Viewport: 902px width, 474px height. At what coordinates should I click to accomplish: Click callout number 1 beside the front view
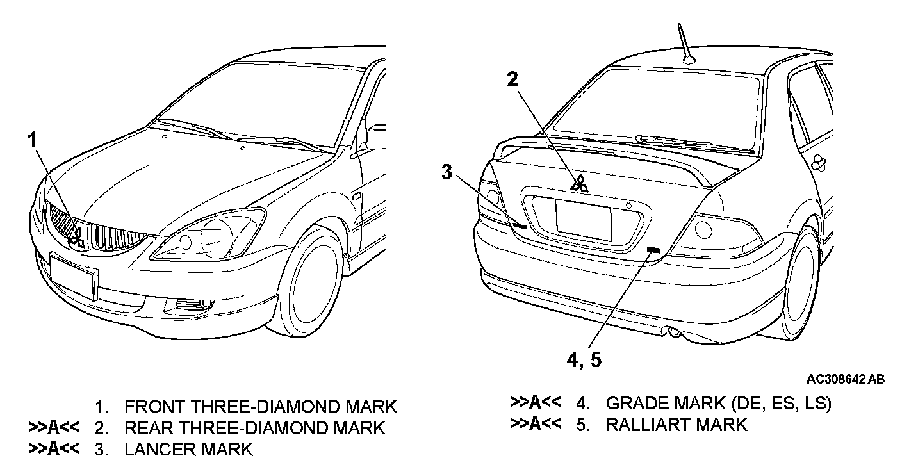(33, 140)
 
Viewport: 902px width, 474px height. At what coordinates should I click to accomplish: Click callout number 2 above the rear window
(512, 79)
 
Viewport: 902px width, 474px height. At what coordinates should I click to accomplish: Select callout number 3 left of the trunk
(447, 171)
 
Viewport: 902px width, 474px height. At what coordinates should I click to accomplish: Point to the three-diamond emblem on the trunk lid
(579, 184)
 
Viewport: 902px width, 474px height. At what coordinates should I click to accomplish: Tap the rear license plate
(584, 220)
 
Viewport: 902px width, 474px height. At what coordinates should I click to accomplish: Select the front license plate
(72, 275)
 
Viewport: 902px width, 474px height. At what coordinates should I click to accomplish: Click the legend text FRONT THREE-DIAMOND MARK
(261, 406)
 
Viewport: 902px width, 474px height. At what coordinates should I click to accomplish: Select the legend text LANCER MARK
(188, 449)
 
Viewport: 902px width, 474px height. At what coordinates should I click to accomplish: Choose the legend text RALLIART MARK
(676, 424)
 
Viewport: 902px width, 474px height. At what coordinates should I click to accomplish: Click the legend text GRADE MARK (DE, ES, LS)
(718, 404)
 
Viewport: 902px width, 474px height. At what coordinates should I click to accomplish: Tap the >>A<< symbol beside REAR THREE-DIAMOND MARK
(54, 427)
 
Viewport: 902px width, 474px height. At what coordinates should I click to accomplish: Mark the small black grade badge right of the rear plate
(653, 249)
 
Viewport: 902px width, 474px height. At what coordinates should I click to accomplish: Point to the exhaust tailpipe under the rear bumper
(675, 331)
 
